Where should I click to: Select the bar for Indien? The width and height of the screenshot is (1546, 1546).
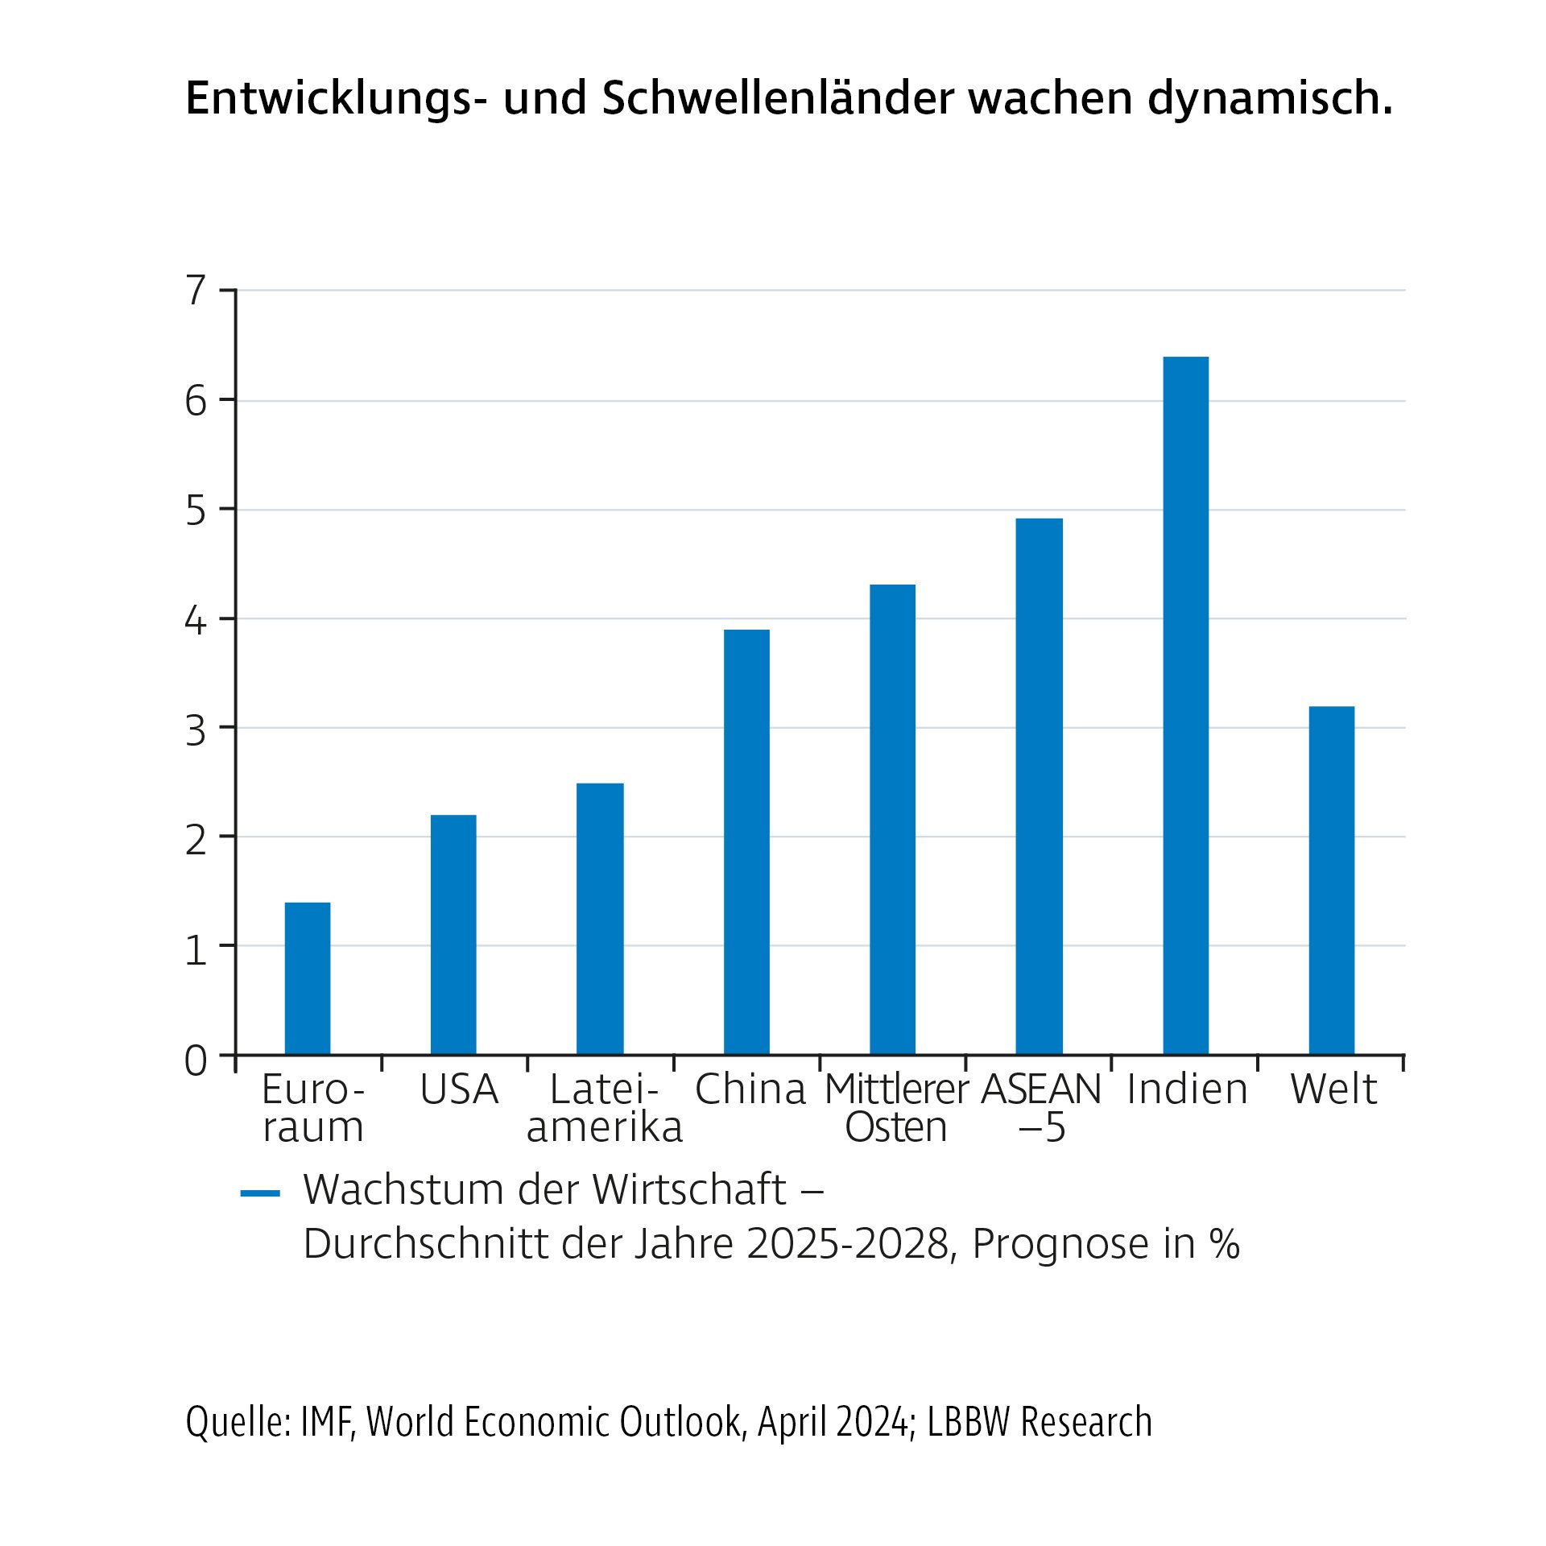pyautogui.click(x=1185, y=705)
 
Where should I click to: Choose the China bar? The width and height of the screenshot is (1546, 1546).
pyautogui.click(x=746, y=841)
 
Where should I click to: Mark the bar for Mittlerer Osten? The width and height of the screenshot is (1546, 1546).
pyautogui.click(x=892, y=819)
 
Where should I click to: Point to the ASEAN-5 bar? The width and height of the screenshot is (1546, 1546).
pyautogui.click(x=1039, y=786)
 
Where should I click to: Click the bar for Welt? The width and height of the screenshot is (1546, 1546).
pyautogui.click(x=1331, y=880)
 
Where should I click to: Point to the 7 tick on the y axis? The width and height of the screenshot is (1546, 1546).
pyautogui.click(x=196, y=291)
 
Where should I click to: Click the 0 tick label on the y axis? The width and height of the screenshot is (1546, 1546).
pyautogui.click(x=196, y=1061)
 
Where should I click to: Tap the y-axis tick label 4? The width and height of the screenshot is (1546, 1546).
pyautogui.click(x=196, y=621)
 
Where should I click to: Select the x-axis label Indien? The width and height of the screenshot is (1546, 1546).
pyautogui.click(x=1187, y=1089)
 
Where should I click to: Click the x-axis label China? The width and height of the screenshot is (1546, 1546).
pyautogui.click(x=750, y=1089)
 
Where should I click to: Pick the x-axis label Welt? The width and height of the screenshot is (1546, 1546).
pyautogui.click(x=1333, y=1089)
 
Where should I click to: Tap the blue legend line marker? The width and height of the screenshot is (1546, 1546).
pyautogui.click(x=260, y=1193)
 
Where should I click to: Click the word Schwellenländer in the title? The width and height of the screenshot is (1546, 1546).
pyautogui.click(x=777, y=99)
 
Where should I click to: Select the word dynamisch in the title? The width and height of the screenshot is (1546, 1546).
pyautogui.click(x=1269, y=99)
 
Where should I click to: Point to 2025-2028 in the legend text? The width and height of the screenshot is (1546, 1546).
pyautogui.click(x=848, y=1244)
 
